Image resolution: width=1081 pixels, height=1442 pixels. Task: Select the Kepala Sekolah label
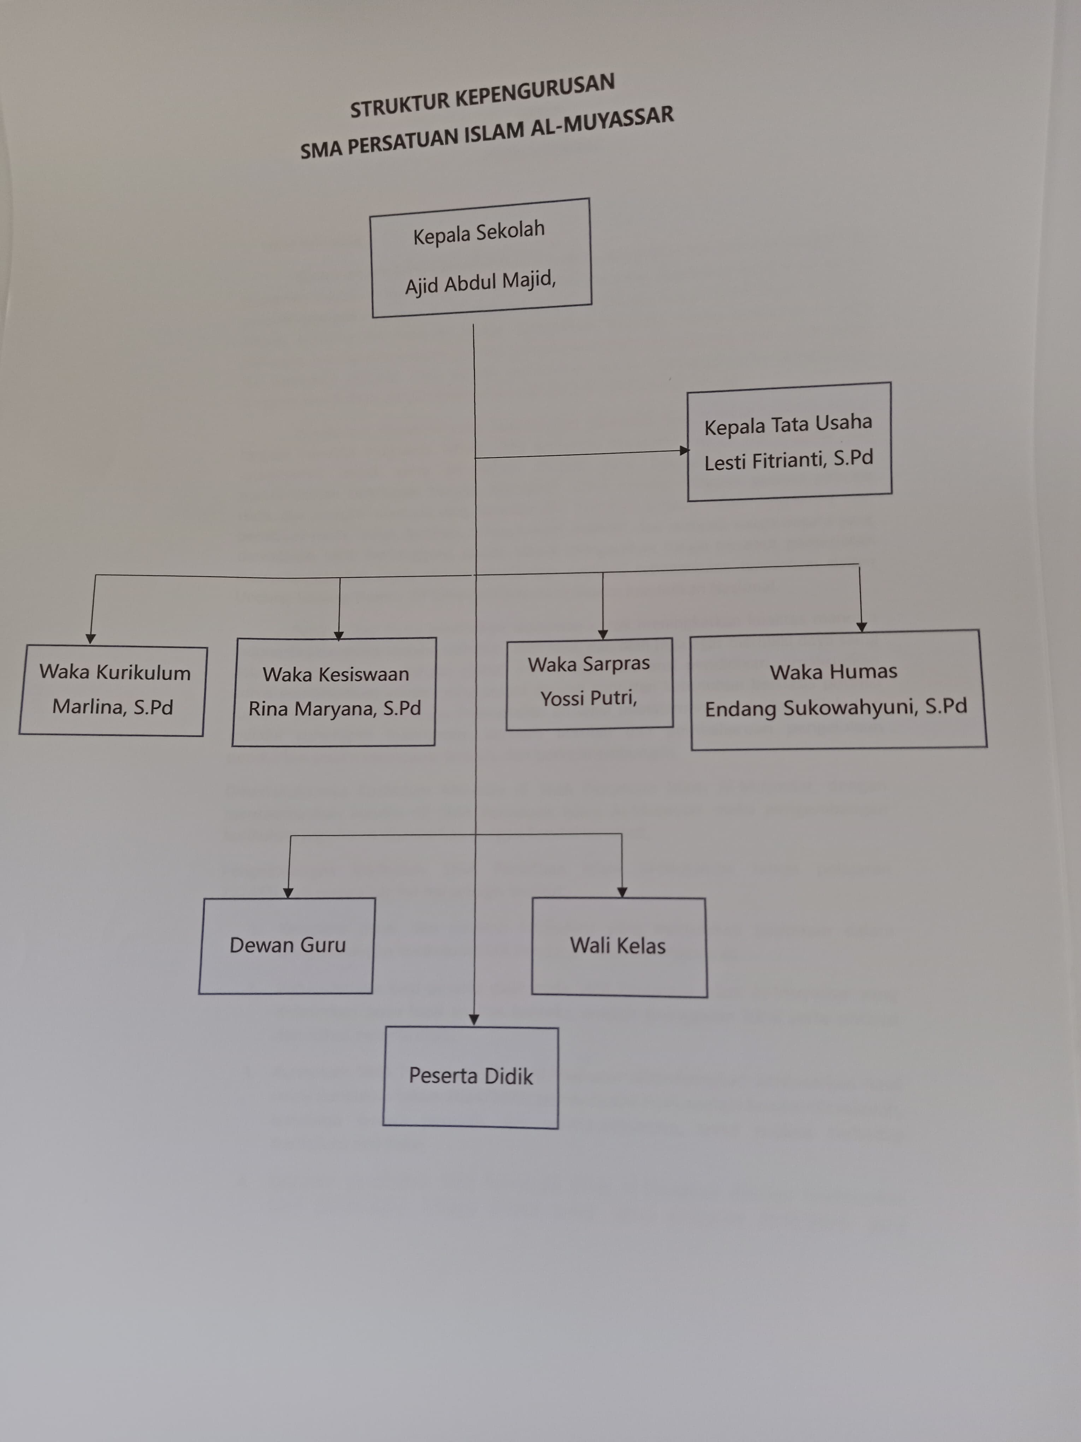(479, 232)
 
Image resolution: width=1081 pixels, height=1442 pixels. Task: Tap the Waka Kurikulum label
(115, 672)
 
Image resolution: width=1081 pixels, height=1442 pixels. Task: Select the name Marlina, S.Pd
(113, 707)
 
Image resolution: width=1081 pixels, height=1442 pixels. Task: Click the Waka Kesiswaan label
(336, 674)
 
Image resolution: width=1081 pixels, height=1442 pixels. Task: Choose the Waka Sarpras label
(589, 664)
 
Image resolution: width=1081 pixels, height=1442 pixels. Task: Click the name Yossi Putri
(589, 698)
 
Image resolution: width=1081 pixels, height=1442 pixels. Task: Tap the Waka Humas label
(833, 672)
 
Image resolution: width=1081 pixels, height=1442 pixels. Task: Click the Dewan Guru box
(287, 945)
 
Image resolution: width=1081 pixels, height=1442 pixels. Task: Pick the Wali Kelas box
(618, 946)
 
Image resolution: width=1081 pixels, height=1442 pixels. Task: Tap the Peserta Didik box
(471, 1075)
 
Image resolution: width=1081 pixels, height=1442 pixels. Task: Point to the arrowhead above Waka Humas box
(861, 627)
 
